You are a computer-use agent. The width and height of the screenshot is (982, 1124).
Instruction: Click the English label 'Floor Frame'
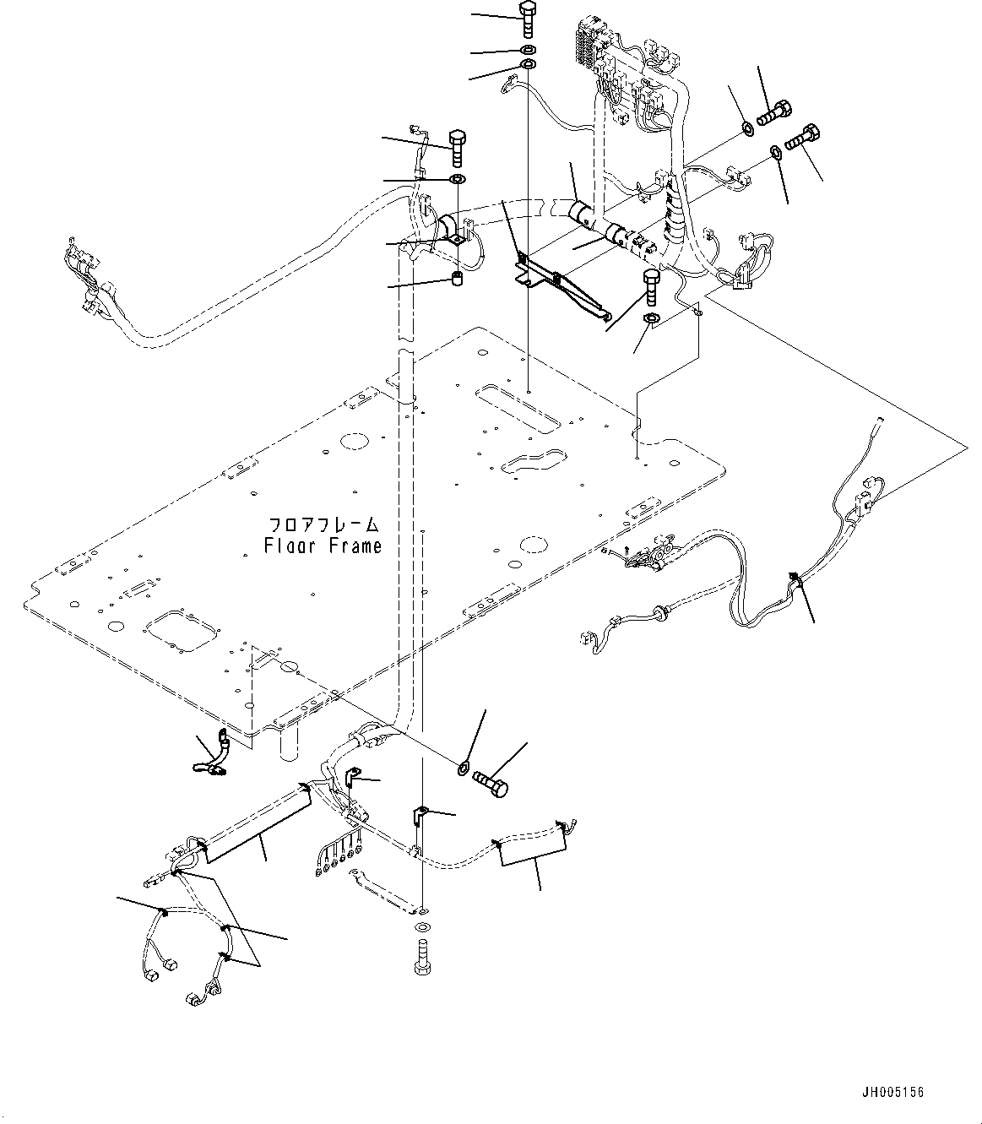point(322,546)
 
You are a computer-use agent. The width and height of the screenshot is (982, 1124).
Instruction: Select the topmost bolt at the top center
point(527,18)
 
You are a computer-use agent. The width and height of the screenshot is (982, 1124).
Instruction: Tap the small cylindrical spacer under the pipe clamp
point(457,280)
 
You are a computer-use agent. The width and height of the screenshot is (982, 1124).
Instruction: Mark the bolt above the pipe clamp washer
point(456,148)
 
